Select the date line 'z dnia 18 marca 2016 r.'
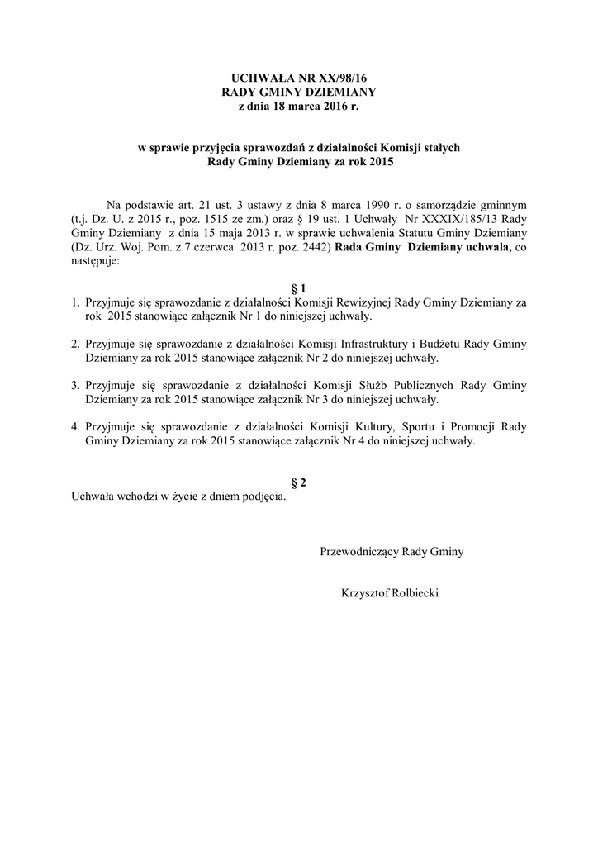click(x=299, y=107)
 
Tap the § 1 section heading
click(x=299, y=288)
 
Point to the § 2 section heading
click(x=299, y=482)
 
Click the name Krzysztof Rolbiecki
click(x=390, y=592)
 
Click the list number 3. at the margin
click(x=74, y=385)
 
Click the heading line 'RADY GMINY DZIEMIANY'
click(x=299, y=92)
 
